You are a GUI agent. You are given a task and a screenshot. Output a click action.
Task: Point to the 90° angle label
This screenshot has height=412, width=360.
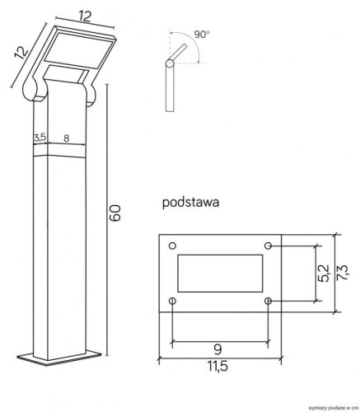pyautogui.click(x=201, y=35)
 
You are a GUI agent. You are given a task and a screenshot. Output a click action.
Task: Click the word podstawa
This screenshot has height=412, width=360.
pyautogui.click(x=189, y=200)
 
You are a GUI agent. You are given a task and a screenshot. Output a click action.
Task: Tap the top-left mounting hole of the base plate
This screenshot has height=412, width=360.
pyautogui.click(x=171, y=246)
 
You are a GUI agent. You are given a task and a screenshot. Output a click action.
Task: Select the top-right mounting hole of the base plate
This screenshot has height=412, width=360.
pyautogui.click(x=269, y=246)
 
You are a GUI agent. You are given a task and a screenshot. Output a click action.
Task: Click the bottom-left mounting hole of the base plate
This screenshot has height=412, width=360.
pyautogui.click(x=171, y=301)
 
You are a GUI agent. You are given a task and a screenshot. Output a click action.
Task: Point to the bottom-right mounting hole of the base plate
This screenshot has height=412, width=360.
pyautogui.click(x=269, y=301)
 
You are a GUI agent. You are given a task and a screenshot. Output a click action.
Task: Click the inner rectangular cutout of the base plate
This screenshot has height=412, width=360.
pyautogui.click(x=220, y=274)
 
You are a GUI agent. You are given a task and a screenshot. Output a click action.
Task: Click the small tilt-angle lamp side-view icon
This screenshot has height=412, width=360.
pyautogui.click(x=171, y=74)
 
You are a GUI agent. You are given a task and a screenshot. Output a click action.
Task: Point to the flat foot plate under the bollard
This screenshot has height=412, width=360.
pyautogui.click(x=65, y=356)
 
